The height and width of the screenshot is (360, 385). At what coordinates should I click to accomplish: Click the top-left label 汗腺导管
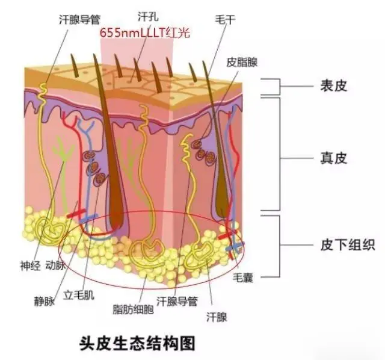point(80,19)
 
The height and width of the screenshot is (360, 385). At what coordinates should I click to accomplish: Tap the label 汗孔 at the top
point(148,16)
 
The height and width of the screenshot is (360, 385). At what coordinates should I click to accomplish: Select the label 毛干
point(225,19)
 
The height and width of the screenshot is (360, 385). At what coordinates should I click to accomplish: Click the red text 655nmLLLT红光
point(145,33)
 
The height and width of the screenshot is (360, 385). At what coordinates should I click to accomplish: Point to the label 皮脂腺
point(242,62)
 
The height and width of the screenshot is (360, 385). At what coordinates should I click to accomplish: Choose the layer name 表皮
point(334,86)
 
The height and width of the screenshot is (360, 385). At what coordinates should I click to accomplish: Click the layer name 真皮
point(334,158)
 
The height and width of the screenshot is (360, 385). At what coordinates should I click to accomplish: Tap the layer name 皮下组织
point(348,244)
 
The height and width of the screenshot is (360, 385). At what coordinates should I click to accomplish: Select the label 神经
point(30,265)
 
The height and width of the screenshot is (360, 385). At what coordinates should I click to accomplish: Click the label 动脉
point(56,265)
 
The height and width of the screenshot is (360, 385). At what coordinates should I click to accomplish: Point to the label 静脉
point(45,301)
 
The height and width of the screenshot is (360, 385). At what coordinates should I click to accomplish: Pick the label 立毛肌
point(79,294)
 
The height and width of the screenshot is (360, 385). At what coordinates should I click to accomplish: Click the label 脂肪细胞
point(134,309)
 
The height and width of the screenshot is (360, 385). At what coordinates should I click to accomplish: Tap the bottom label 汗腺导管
point(177,301)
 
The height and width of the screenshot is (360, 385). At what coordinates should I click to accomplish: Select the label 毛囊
point(243,278)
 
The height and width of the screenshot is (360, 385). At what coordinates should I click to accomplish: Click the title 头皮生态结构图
point(138,343)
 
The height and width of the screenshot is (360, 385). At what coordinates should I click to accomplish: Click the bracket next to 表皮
point(280,87)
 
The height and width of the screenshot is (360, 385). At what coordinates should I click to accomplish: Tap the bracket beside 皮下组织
point(280,246)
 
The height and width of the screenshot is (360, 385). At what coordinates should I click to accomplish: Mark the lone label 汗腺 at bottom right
point(217,317)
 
